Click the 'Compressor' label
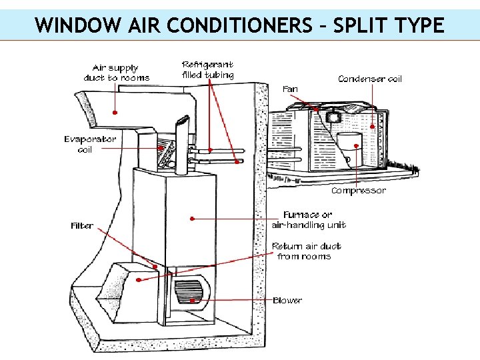pos(359,191)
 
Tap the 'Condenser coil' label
pos(370,79)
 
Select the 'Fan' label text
pos(290,89)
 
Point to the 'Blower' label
pos(287,301)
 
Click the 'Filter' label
pos(82,226)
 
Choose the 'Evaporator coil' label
pos(90,145)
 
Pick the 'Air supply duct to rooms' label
pos(117,73)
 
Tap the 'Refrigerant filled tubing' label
pos(208,70)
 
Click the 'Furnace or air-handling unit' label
pos(308,220)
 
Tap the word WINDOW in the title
pos(78,25)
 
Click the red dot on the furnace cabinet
pos(192,218)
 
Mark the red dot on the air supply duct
pos(115,113)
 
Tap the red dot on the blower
pos(192,301)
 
